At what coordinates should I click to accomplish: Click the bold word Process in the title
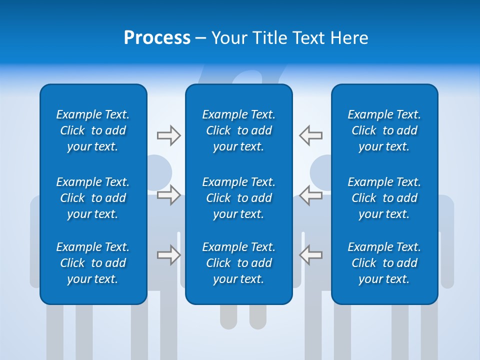[x=157, y=38]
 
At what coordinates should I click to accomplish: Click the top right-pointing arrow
[x=168, y=135]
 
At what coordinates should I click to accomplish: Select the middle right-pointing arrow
[x=168, y=195]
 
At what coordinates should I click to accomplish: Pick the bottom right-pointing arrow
[x=168, y=255]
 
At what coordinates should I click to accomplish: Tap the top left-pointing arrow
[x=310, y=135]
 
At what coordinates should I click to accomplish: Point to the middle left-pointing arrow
[x=310, y=195]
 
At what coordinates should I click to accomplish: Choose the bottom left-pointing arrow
[x=310, y=255]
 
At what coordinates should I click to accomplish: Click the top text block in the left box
[x=93, y=130]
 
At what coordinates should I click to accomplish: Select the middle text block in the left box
[x=93, y=198]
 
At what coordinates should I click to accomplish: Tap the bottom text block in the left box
[x=93, y=263]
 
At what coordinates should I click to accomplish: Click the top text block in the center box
[x=238, y=130]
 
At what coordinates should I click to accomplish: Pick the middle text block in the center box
[x=238, y=198]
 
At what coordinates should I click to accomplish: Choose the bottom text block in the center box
[x=238, y=263]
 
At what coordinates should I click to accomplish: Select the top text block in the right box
[x=384, y=130]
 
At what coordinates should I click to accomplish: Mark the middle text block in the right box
[x=384, y=198]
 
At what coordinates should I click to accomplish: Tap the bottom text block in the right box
[x=384, y=263]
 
